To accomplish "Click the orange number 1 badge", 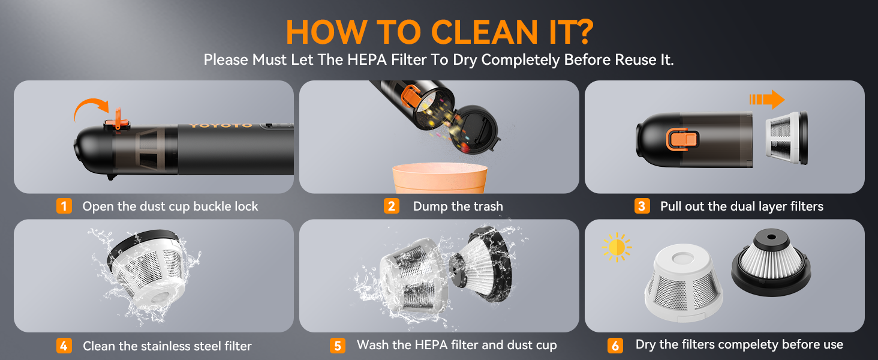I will [x=64, y=206].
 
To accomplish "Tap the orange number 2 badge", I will [x=391, y=206].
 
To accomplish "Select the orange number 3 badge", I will [x=642, y=206].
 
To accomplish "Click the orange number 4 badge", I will [x=64, y=346].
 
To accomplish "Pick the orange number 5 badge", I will [x=338, y=346].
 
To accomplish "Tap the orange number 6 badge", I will [x=615, y=346].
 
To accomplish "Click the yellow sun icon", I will [x=617, y=247].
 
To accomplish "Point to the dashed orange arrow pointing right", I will [x=766, y=98].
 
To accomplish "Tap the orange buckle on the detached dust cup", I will [x=682, y=139].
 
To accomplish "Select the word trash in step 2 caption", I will [x=486, y=206].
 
